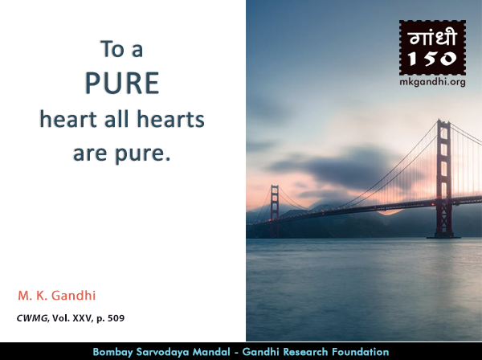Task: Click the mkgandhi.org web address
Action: (x=432, y=80)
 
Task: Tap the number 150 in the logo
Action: (x=432, y=59)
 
